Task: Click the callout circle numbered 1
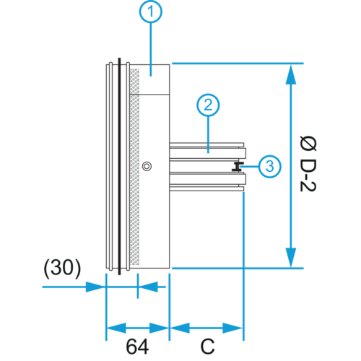click(x=151, y=12)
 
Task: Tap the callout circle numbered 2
click(x=208, y=105)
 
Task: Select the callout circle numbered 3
click(x=270, y=166)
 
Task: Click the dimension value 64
click(x=137, y=347)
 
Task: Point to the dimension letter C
click(x=207, y=347)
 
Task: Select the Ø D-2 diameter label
click(x=308, y=164)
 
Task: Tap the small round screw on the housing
click(x=147, y=166)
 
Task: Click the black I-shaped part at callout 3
click(x=238, y=167)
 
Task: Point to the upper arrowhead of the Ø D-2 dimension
click(x=291, y=74)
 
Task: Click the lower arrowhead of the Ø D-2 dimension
click(x=291, y=257)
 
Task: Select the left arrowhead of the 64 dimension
click(x=116, y=328)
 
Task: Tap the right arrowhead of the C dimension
click(x=232, y=328)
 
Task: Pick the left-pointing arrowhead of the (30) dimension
click(x=148, y=287)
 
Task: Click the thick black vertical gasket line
click(x=119, y=166)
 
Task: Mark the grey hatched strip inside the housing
click(x=134, y=167)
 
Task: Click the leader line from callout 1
click(x=151, y=49)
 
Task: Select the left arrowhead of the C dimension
click(x=180, y=328)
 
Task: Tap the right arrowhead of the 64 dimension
click(x=160, y=328)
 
